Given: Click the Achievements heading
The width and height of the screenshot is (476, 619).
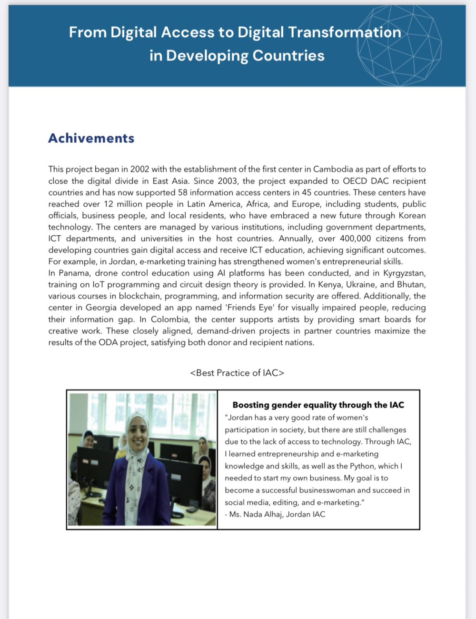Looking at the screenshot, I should pyautogui.click(x=91, y=138).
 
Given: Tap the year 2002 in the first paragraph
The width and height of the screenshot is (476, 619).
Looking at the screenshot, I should pyautogui.click(x=139, y=169).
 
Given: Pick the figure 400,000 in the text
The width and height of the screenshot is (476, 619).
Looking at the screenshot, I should pyautogui.click(x=355, y=239).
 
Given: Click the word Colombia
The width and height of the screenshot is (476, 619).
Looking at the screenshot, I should pyautogui.click(x=170, y=319).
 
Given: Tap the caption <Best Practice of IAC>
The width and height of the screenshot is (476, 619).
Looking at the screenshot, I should pyautogui.click(x=237, y=373).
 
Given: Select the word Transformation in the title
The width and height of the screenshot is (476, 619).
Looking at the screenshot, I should pyautogui.click(x=345, y=32).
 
